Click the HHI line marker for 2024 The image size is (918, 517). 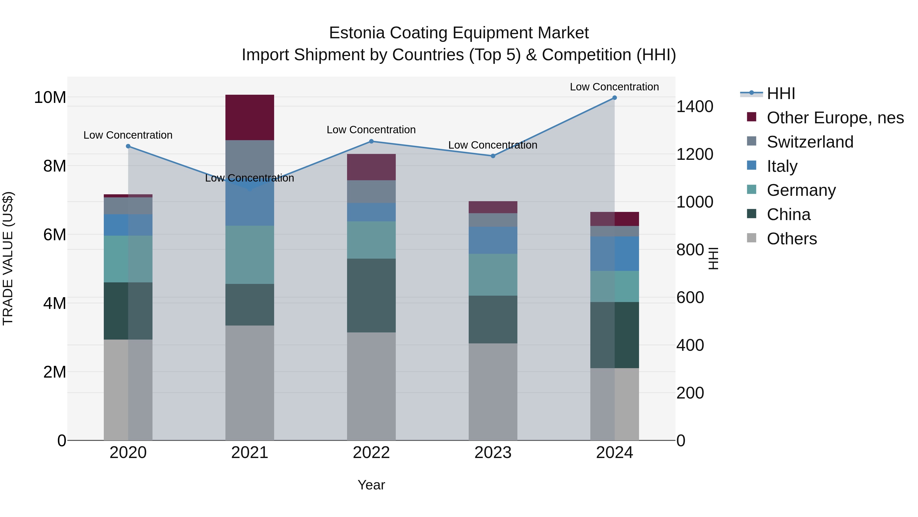(x=614, y=98)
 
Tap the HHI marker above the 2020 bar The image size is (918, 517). (x=128, y=146)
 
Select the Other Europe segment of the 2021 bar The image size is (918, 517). (x=249, y=117)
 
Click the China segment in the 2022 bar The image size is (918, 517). (x=371, y=295)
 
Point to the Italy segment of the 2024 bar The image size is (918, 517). (x=614, y=254)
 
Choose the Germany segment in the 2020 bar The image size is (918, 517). (x=128, y=259)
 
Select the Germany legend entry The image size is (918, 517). (x=801, y=190)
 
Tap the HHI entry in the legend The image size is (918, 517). (x=781, y=93)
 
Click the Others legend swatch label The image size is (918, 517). (x=792, y=239)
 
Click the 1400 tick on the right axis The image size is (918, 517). (x=694, y=107)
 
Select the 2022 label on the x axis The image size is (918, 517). (x=371, y=453)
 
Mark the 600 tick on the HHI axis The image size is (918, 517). (x=690, y=298)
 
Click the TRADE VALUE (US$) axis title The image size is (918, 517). (x=8, y=258)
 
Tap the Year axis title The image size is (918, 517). (x=371, y=485)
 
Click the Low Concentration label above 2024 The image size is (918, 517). (x=614, y=87)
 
